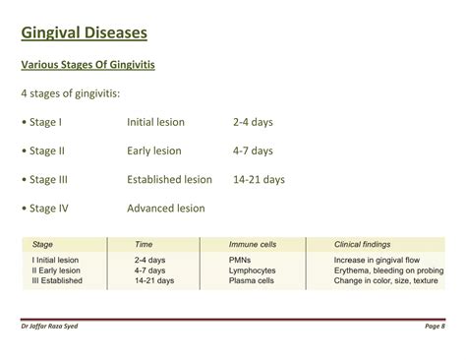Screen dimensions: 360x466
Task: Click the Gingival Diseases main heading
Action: tap(85, 33)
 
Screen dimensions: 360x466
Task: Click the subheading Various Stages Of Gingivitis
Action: tap(88, 66)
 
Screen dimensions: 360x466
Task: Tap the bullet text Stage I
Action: tap(46, 123)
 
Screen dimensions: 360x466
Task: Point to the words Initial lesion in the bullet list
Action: tap(160, 123)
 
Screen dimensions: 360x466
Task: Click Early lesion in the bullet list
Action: tap(154, 151)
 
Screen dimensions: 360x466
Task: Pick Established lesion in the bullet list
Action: tap(169, 180)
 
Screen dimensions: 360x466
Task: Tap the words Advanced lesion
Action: tap(167, 209)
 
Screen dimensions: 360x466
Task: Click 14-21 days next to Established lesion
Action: tap(259, 180)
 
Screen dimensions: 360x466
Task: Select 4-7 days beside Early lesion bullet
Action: tap(253, 151)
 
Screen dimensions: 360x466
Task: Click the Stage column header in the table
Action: tap(43, 243)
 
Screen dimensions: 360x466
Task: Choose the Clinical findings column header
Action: tap(363, 243)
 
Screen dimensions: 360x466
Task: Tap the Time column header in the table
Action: tap(144, 243)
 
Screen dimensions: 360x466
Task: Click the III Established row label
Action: tap(58, 280)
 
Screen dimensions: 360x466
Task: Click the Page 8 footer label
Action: tap(436, 327)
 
